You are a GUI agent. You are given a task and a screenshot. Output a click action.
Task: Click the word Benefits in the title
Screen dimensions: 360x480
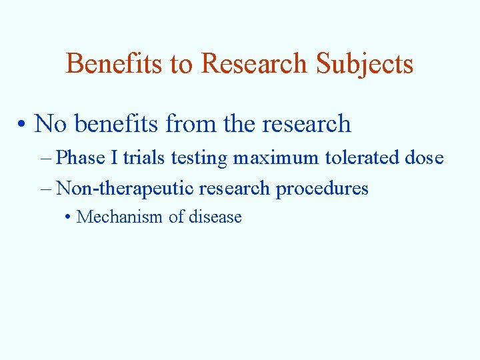click(x=113, y=64)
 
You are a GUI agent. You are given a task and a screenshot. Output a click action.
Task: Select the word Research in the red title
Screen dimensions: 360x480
click(x=254, y=64)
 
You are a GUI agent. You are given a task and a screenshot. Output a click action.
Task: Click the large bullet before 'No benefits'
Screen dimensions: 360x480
click(x=23, y=124)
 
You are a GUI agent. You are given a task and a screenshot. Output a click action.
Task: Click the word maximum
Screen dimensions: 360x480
click(x=277, y=158)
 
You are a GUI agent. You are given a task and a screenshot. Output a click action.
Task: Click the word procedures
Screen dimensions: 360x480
click(x=322, y=189)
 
